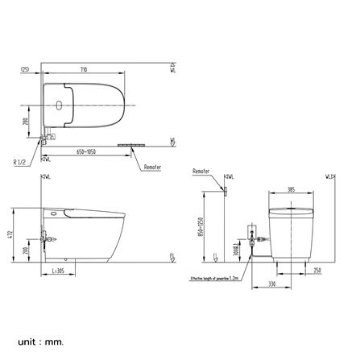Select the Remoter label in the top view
click(152, 168)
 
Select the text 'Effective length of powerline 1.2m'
click(213, 278)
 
